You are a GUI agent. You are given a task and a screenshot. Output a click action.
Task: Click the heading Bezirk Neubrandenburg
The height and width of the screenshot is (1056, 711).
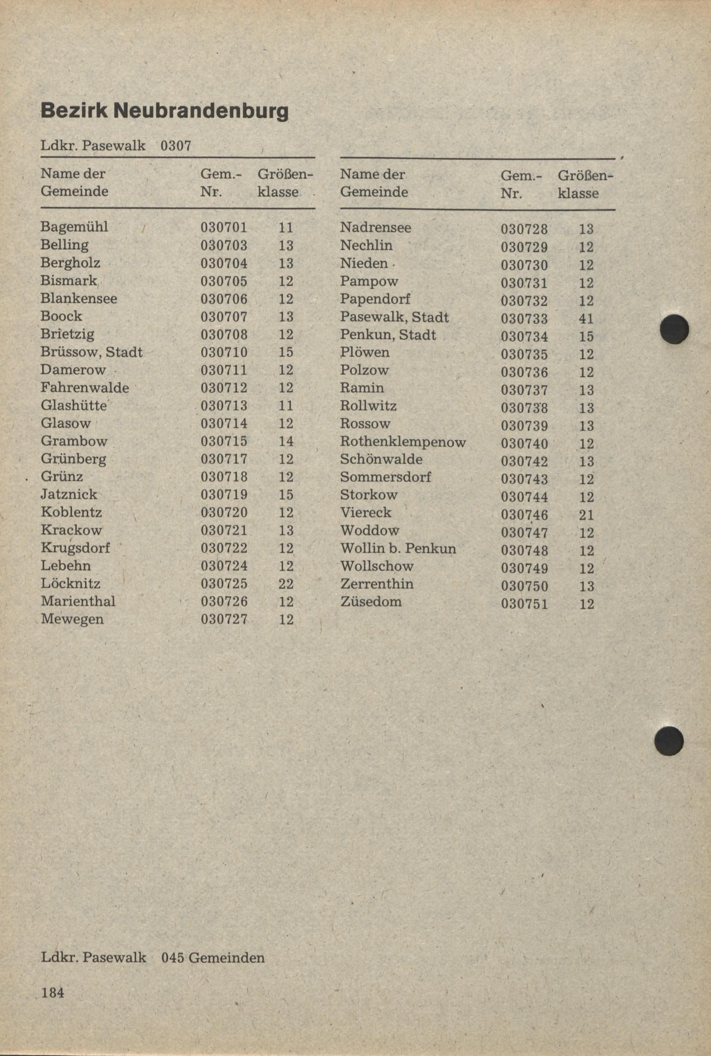(x=164, y=111)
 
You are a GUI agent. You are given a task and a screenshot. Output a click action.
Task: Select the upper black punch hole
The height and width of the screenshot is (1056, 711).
(x=674, y=328)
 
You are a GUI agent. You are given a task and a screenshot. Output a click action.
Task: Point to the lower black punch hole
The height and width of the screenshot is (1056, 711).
(x=669, y=741)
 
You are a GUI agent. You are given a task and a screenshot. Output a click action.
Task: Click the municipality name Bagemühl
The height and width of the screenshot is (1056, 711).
(x=75, y=227)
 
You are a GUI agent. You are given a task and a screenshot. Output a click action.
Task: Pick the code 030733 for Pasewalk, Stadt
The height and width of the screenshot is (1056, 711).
(x=524, y=319)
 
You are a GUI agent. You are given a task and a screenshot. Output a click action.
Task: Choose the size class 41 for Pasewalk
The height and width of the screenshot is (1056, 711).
(x=586, y=319)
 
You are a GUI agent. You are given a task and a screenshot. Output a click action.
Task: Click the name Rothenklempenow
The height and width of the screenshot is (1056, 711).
(x=403, y=442)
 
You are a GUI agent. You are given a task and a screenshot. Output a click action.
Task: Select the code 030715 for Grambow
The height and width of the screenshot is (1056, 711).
(x=224, y=441)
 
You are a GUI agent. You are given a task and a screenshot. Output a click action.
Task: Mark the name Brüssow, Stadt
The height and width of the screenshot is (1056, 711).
(x=92, y=352)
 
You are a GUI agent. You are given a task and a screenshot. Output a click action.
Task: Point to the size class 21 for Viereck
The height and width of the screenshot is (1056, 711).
(x=586, y=515)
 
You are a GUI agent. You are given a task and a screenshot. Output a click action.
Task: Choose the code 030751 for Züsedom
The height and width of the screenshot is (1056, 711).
(x=524, y=604)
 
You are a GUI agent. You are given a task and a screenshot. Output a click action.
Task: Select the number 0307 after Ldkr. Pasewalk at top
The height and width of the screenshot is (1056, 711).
(x=176, y=146)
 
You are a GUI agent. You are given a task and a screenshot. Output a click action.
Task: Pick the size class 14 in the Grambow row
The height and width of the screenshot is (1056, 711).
(x=286, y=441)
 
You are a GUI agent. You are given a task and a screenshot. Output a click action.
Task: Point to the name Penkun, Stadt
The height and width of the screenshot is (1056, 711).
(x=388, y=335)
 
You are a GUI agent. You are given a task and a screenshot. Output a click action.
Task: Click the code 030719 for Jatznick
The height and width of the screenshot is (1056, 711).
(x=224, y=495)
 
